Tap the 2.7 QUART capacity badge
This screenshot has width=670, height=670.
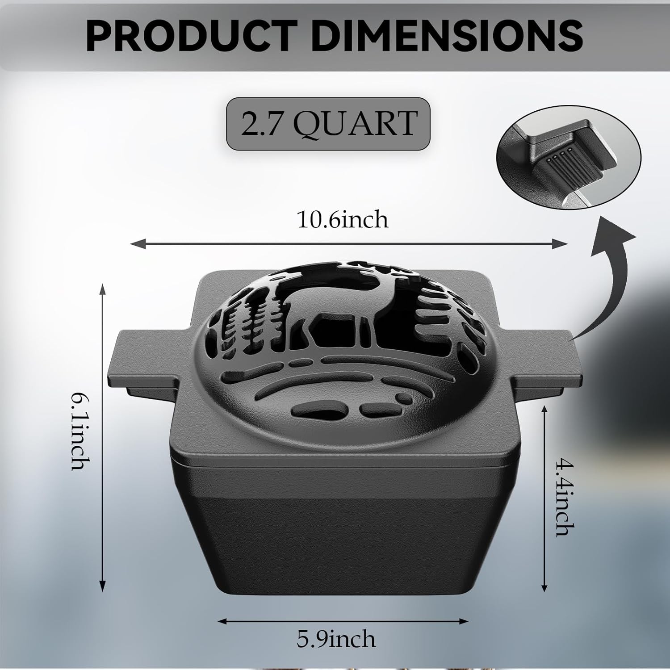[x=328, y=124]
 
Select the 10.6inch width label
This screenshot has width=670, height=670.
[x=343, y=219]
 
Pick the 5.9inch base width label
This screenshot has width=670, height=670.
[x=336, y=639]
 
